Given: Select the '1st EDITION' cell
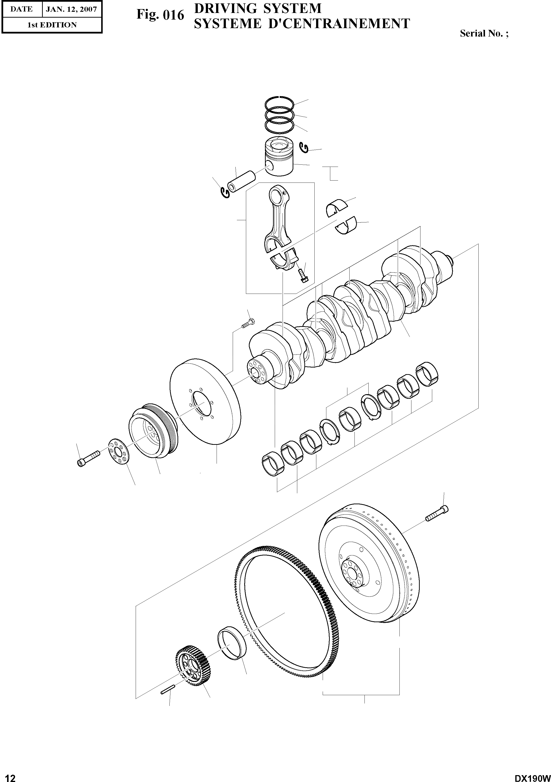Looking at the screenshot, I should tap(52, 25).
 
